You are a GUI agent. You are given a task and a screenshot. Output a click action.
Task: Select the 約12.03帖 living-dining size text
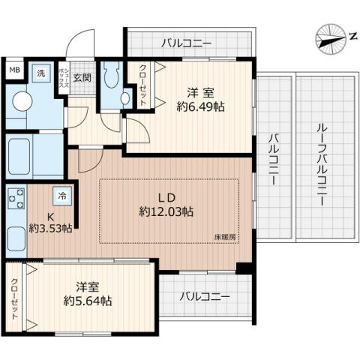[x=166, y=212]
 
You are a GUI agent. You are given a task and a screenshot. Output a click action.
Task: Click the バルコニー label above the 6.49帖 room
[x=186, y=43]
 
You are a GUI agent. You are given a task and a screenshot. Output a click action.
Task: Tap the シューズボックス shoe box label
[x=66, y=77]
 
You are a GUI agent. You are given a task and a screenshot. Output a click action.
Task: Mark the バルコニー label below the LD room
[x=204, y=297]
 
